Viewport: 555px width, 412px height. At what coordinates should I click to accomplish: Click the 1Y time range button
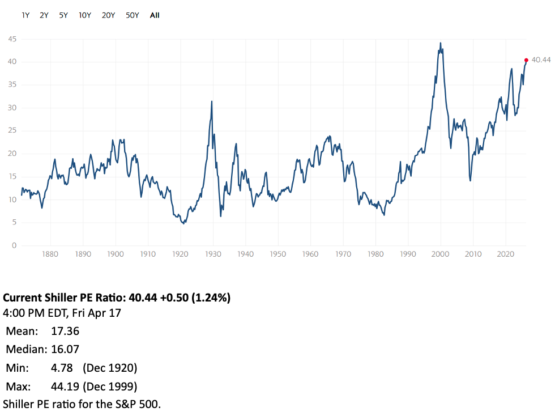tap(25, 15)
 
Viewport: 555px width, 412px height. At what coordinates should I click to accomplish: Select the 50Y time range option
tap(132, 15)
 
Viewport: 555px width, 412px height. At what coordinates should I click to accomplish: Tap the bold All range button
tap(155, 15)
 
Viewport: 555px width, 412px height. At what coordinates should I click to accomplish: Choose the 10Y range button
tap(85, 15)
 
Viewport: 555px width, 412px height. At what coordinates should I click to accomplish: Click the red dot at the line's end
tap(526, 60)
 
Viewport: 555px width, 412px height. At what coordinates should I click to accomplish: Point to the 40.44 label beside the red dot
tap(541, 60)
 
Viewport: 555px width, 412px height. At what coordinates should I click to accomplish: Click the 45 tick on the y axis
tap(12, 39)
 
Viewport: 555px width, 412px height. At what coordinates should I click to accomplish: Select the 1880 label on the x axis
tap(50, 254)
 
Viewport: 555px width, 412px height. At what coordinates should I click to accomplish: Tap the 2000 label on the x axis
tap(441, 254)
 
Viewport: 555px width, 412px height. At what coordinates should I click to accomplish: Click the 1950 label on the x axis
tap(278, 254)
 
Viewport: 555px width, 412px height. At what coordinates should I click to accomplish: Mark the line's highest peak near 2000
tap(441, 43)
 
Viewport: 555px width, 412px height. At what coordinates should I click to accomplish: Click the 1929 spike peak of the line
tap(212, 101)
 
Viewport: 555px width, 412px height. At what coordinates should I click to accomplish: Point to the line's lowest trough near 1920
tap(183, 223)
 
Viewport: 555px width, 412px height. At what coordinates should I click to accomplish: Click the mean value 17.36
tap(65, 331)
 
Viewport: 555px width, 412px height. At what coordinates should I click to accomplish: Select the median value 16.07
tap(65, 349)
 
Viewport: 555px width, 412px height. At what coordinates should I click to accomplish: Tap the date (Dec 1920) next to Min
tap(110, 368)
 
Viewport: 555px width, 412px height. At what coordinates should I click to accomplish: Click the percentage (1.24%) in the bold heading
tap(211, 298)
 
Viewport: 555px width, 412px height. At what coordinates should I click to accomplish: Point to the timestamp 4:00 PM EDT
tap(34, 312)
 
